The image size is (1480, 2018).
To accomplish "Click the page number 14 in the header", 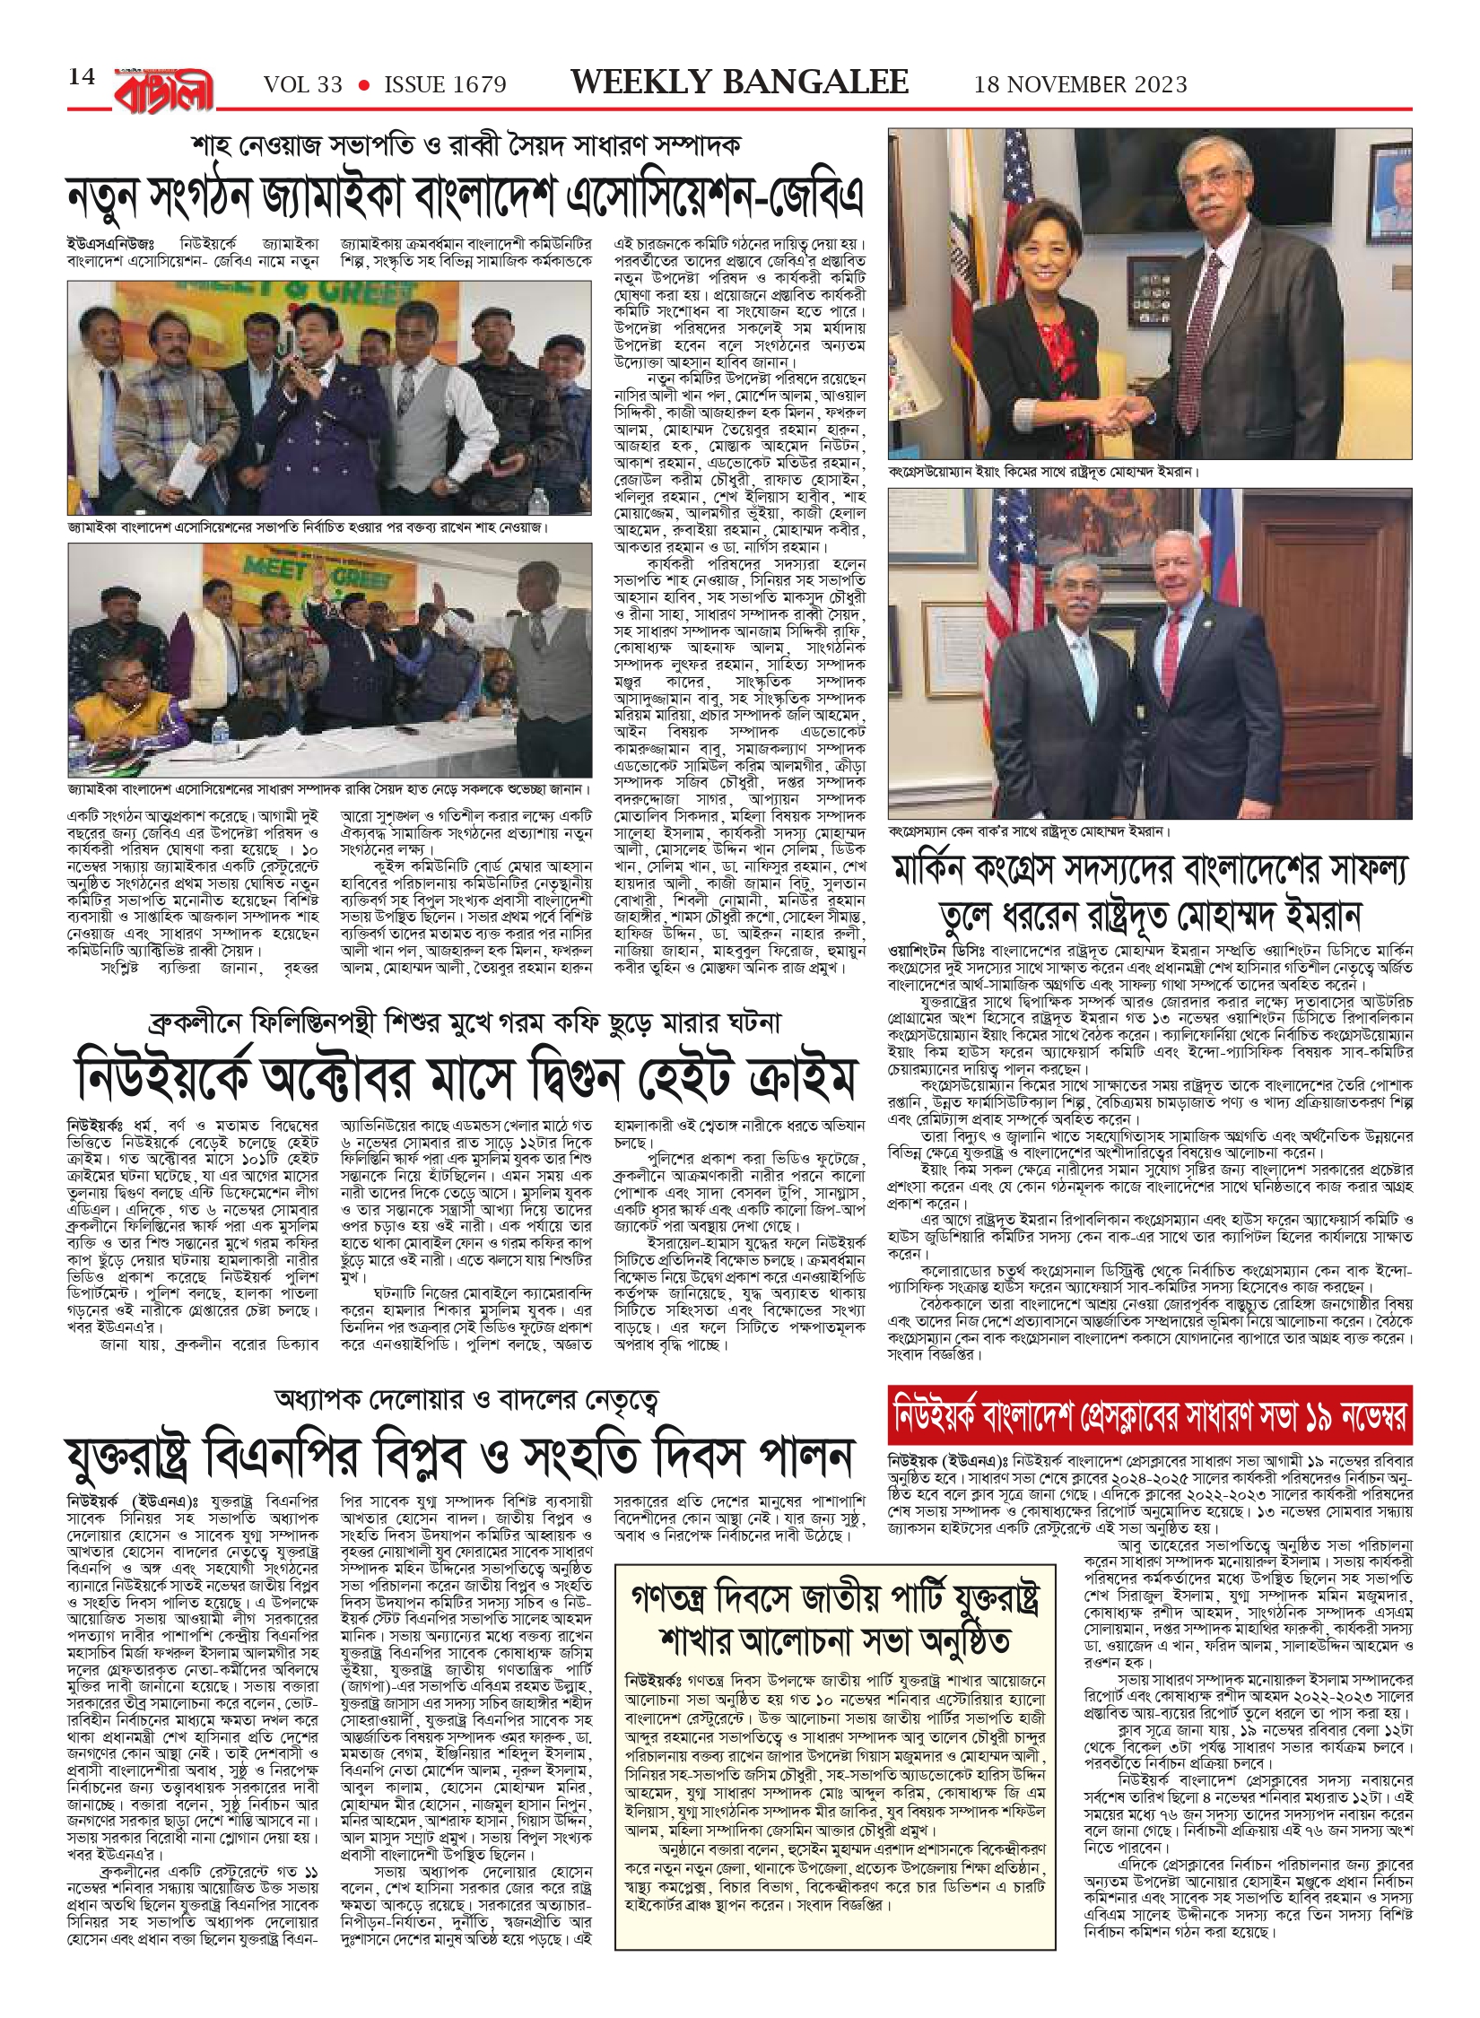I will tap(82, 77).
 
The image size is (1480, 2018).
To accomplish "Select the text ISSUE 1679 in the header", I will tap(445, 85).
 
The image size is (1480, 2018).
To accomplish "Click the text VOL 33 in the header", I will tap(303, 85).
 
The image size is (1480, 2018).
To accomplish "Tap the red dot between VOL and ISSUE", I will tap(363, 85).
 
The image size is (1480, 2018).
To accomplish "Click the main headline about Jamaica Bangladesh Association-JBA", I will tap(465, 199).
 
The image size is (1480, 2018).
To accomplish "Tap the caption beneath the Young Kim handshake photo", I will tap(1044, 471).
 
